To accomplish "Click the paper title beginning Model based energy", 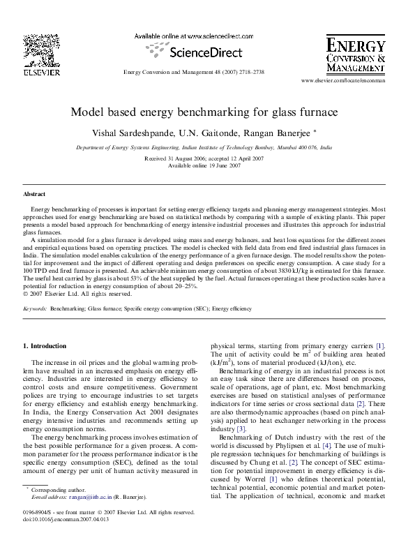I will [204, 112].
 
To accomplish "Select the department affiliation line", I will [204, 149].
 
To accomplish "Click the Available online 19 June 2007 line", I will [204, 166].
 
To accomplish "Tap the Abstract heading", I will [34, 194].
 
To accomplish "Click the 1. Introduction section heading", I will [45, 346].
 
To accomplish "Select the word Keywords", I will [35, 308].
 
